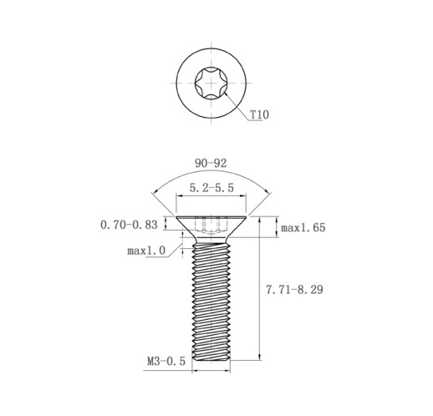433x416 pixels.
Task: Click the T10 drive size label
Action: [x=259, y=114]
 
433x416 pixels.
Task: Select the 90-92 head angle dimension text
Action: [x=211, y=163]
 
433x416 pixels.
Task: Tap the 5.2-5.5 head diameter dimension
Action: [x=211, y=188]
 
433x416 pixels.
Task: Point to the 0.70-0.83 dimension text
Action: [x=129, y=225]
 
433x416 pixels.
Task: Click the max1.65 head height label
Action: [x=303, y=228]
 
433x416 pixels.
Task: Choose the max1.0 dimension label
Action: [x=146, y=251]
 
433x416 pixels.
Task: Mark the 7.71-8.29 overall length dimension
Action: [x=294, y=290]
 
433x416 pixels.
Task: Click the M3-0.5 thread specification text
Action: [x=166, y=362]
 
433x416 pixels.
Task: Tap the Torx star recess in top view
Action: [x=211, y=83]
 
